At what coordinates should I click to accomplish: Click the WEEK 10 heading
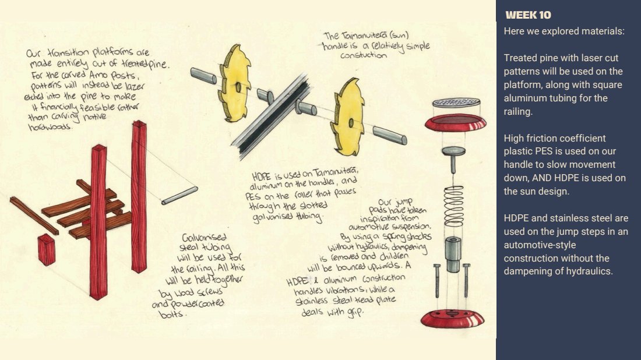coord(528,15)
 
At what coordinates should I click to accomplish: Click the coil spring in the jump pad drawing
coord(454,206)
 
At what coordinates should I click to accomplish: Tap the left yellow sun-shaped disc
coord(234,83)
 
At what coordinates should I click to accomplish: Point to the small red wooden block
coord(47,250)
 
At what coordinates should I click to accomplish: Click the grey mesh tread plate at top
coord(456,102)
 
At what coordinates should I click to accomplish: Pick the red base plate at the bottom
coord(453,319)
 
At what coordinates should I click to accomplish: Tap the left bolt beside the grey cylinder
coord(437,280)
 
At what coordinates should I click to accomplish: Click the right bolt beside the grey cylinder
coord(466,280)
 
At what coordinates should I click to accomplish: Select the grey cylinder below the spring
coord(453,254)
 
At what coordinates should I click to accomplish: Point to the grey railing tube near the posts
coord(179,196)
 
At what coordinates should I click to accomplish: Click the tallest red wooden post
coord(139,196)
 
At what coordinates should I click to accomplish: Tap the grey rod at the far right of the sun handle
coord(390,135)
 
